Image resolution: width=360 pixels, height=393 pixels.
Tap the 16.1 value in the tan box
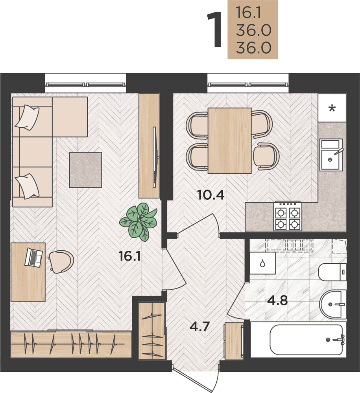249,12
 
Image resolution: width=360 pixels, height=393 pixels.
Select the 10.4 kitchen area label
211,195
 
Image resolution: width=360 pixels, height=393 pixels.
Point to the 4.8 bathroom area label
277,300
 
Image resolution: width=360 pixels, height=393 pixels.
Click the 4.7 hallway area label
200,326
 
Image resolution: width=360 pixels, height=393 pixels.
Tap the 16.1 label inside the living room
130,256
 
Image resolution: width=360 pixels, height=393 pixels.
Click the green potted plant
138,222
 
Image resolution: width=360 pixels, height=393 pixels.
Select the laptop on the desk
33,257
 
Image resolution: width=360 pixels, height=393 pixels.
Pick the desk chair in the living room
61,261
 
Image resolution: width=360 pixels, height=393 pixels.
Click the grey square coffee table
85,170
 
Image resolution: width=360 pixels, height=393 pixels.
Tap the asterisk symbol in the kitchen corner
332,108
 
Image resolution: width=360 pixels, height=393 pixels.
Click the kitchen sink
330,155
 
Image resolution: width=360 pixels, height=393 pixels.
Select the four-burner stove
288,216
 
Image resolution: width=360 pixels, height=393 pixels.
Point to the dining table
229,141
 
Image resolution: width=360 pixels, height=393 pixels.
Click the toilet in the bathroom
332,272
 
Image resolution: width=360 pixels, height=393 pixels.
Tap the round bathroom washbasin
333,304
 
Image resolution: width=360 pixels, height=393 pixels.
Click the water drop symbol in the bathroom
262,264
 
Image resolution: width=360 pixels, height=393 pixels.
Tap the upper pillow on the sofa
28,117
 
